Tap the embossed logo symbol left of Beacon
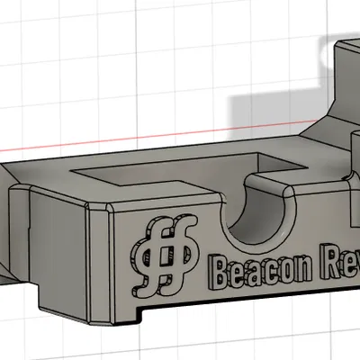click(165, 256)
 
